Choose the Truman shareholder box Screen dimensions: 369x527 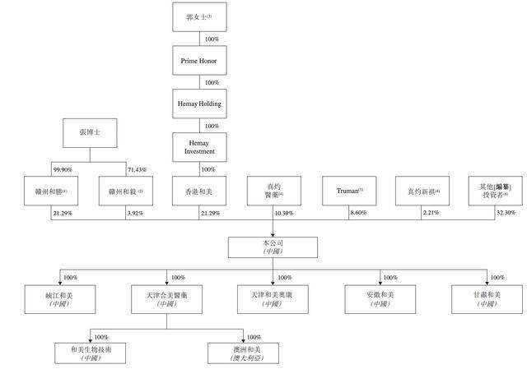point(348,191)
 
